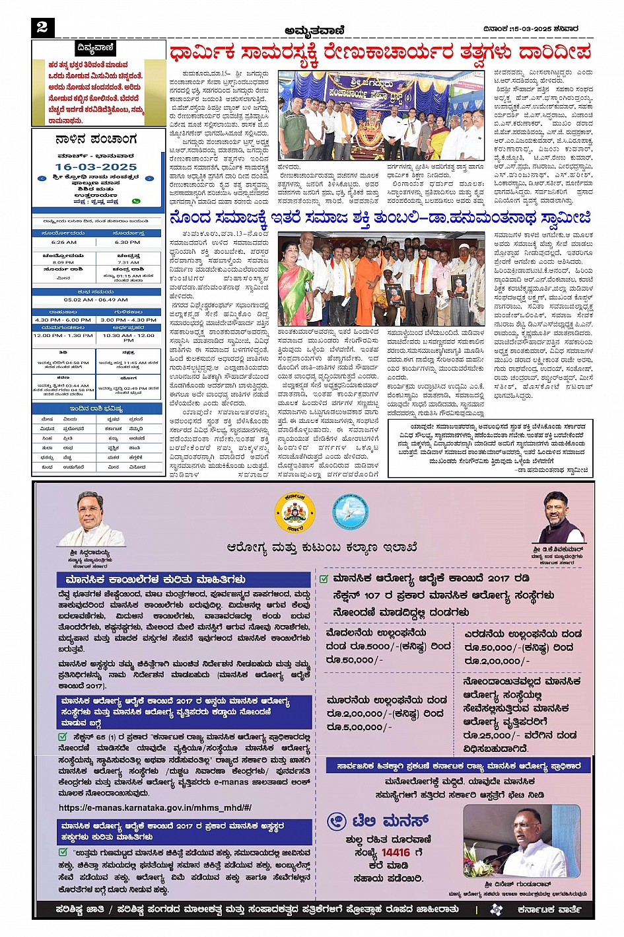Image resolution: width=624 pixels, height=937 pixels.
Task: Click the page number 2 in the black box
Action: (x=42, y=26)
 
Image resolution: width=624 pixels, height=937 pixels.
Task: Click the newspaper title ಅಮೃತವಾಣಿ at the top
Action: (x=314, y=30)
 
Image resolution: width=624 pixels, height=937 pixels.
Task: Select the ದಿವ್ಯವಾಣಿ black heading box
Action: (x=95, y=48)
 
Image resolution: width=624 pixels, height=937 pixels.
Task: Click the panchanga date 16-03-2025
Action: (x=96, y=167)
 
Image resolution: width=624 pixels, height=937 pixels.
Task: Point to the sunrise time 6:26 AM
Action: (x=64, y=243)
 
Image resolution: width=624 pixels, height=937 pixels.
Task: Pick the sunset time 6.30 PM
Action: (x=127, y=243)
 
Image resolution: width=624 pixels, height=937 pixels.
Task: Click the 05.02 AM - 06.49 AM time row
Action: (x=96, y=299)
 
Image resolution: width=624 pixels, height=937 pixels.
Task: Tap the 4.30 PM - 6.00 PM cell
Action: (x=63, y=320)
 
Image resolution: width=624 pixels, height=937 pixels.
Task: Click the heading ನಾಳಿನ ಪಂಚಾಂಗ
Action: (x=96, y=139)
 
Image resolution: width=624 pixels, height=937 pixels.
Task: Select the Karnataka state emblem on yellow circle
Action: (x=295, y=513)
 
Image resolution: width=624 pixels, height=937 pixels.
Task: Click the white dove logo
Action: (x=349, y=512)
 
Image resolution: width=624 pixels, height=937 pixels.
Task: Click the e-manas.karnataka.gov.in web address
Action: (x=155, y=807)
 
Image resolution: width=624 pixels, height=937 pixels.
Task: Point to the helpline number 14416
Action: (x=396, y=852)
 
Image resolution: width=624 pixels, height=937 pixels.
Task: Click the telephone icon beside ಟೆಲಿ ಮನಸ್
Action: (x=337, y=821)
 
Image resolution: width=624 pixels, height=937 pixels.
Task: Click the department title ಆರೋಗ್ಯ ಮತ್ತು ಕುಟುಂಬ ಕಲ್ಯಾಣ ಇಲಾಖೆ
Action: (x=322, y=547)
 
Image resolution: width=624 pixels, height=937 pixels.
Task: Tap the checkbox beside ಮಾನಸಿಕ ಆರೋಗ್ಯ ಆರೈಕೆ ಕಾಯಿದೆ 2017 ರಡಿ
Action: (x=324, y=579)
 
